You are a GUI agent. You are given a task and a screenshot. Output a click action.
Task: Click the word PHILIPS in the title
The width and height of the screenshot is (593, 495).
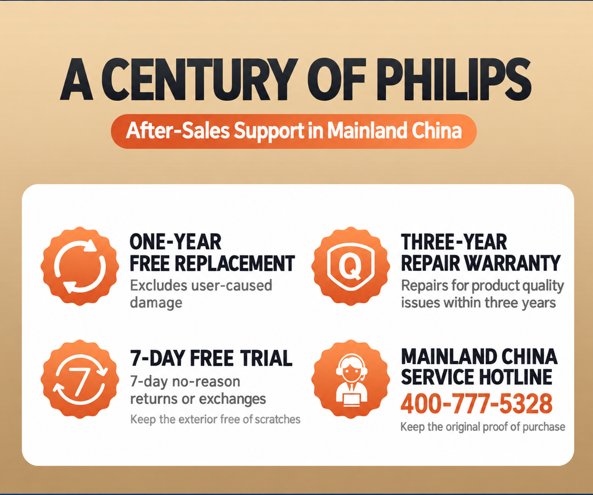(453, 79)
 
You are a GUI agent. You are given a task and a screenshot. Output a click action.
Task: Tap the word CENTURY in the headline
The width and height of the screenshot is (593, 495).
(199, 79)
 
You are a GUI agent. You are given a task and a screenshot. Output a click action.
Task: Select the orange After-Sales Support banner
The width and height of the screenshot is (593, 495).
(293, 131)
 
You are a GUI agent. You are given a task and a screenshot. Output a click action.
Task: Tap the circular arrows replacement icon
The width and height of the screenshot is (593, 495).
(79, 266)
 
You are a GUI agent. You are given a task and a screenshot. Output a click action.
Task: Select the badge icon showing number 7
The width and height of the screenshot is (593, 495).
(79, 379)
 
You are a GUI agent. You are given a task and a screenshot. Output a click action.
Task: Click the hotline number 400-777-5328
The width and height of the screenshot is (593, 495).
(476, 404)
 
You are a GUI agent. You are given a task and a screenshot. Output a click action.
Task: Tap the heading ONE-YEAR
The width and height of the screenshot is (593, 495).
(175, 242)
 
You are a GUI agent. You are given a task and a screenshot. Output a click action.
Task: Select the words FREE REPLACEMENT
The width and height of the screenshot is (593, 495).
(212, 263)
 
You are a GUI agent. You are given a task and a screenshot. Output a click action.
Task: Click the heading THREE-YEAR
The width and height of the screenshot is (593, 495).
(453, 242)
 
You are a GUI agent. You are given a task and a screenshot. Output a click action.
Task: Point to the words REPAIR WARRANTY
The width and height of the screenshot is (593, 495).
(481, 263)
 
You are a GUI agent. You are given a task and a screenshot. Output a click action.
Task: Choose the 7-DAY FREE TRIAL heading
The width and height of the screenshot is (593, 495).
(211, 358)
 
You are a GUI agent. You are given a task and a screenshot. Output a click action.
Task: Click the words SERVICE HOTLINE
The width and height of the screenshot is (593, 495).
(476, 377)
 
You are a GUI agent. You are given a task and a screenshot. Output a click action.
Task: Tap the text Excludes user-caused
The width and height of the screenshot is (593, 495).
(201, 285)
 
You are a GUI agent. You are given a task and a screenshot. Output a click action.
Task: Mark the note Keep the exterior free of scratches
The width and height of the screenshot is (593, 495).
(215, 420)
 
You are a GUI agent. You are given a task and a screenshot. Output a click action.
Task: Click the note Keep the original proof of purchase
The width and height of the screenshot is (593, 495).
(483, 427)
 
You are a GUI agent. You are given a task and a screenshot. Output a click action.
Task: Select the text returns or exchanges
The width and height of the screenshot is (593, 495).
(198, 399)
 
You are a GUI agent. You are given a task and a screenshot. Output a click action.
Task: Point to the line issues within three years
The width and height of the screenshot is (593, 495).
(478, 303)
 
